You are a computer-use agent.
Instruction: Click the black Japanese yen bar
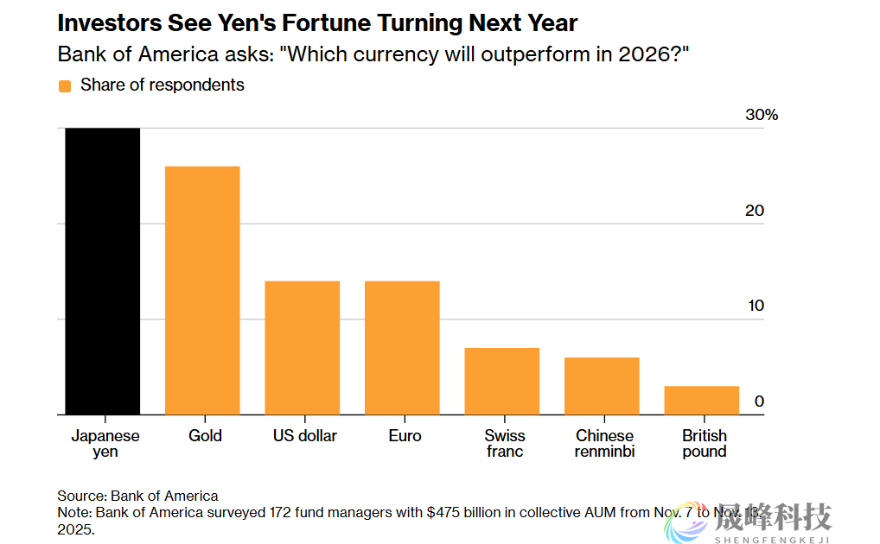coord(103,271)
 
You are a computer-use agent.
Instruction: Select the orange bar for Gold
coord(202,290)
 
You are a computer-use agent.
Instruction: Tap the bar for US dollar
coord(302,348)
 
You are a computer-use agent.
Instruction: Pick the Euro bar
coord(402,348)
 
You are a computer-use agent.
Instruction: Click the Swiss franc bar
coord(501,381)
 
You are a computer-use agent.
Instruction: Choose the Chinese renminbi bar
coord(602,386)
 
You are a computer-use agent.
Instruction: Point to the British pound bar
coord(702,400)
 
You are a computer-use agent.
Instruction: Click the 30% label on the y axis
coord(762,115)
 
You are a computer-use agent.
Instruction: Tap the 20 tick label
coord(755,211)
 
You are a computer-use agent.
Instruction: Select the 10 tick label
coord(755,306)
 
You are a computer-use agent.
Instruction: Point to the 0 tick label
coord(759,401)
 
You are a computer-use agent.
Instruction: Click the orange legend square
coord(64,85)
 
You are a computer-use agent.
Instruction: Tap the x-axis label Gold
coord(205,435)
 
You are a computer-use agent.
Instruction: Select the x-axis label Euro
coord(405,435)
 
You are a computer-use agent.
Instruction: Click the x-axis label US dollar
coord(305,435)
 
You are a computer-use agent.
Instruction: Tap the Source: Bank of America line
coord(137,496)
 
